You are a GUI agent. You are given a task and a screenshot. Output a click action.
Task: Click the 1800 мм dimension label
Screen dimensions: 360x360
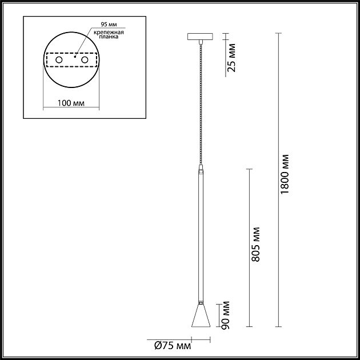(286, 174)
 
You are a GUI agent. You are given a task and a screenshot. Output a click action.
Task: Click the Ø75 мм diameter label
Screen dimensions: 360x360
(173, 345)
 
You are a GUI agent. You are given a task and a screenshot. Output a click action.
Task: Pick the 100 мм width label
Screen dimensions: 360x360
(71, 103)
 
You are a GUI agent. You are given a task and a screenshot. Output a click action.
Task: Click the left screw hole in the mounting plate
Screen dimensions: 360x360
(58, 59)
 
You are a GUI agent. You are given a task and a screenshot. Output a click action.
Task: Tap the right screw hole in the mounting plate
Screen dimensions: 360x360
(85, 59)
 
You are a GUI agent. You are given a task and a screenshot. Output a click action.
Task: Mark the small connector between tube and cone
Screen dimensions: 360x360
(200, 301)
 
